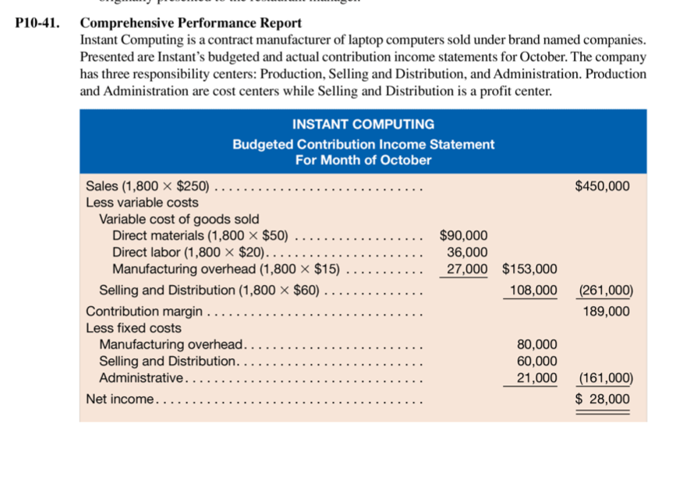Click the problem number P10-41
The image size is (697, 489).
(x=38, y=23)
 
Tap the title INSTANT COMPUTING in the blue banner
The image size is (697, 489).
(x=363, y=125)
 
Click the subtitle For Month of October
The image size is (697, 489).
(x=363, y=160)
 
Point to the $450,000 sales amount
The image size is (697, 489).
(x=602, y=186)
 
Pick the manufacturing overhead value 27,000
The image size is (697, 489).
(x=467, y=269)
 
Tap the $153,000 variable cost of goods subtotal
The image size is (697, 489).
(x=529, y=269)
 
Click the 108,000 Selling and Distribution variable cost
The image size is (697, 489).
(x=533, y=290)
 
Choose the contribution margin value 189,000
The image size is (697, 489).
(x=606, y=311)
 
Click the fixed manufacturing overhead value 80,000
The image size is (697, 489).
(x=537, y=344)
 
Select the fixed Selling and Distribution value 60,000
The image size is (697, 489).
(x=537, y=361)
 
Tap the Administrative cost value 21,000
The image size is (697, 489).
(x=537, y=378)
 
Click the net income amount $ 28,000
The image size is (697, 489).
(x=603, y=399)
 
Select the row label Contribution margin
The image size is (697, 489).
(x=144, y=311)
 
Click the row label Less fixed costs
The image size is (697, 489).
(x=133, y=328)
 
